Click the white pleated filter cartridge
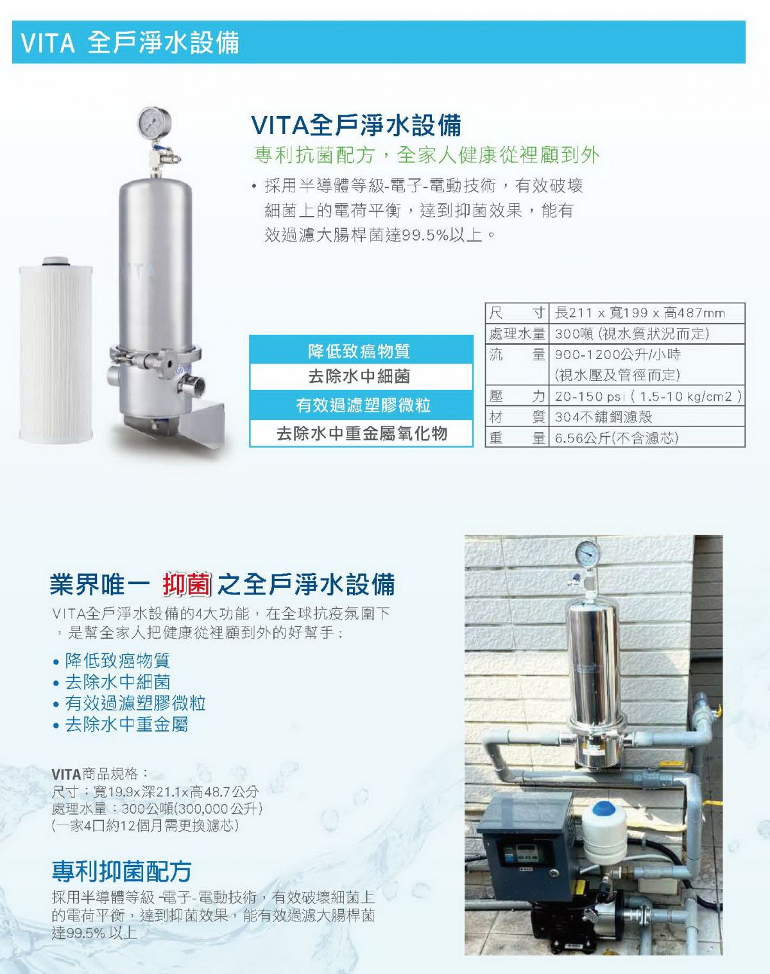(56, 349)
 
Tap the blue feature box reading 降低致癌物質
(361, 349)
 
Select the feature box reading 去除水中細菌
(361, 376)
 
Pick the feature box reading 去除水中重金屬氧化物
(361, 433)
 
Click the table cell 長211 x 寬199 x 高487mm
(647, 313)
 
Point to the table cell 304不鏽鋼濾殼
(647, 416)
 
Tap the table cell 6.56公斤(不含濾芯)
(647, 437)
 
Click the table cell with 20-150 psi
(647, 396)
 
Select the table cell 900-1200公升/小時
(647, 365)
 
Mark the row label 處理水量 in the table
(517, 334)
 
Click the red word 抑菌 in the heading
(187, 584)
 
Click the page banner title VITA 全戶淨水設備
(130, 42)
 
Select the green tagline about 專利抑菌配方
(426, 155)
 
